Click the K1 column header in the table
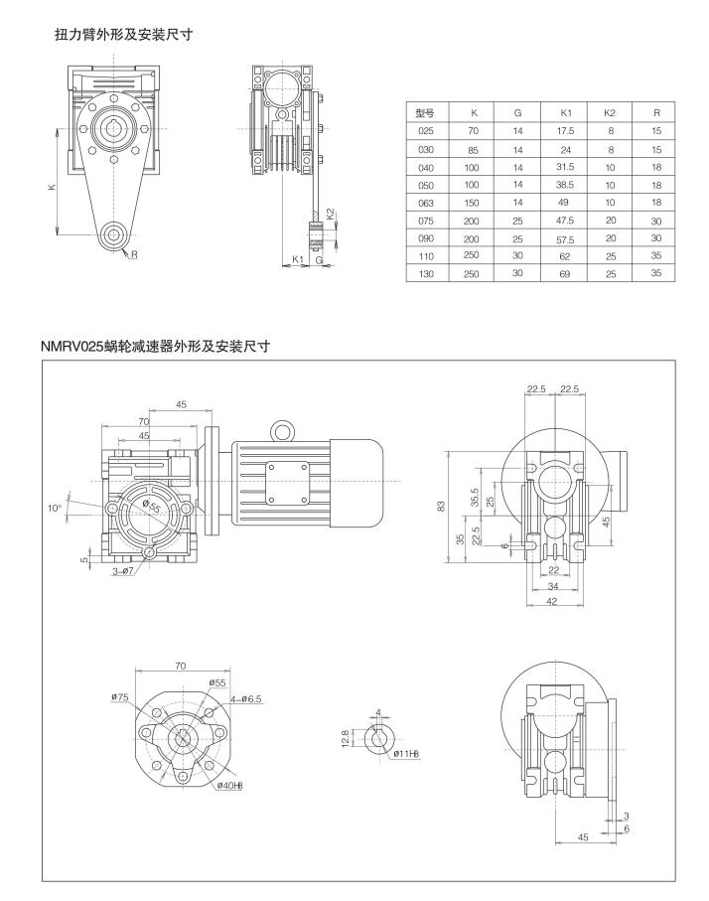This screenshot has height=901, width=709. [565, 113]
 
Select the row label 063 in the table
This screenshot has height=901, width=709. [426, 202]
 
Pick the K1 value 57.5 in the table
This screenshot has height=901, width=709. [565, 238]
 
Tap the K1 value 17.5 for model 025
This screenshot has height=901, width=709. [565, 130]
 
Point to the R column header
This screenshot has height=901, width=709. [655, 113]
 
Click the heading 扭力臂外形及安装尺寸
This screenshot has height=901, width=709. [123, 34]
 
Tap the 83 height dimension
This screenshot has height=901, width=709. [441, 505]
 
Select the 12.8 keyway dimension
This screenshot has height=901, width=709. [347, 738]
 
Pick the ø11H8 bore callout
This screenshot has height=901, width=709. [406, 755]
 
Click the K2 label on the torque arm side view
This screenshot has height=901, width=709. [331, 214]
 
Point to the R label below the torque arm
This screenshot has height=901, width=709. [133, 254]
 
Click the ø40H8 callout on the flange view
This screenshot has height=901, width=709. [230, 787]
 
